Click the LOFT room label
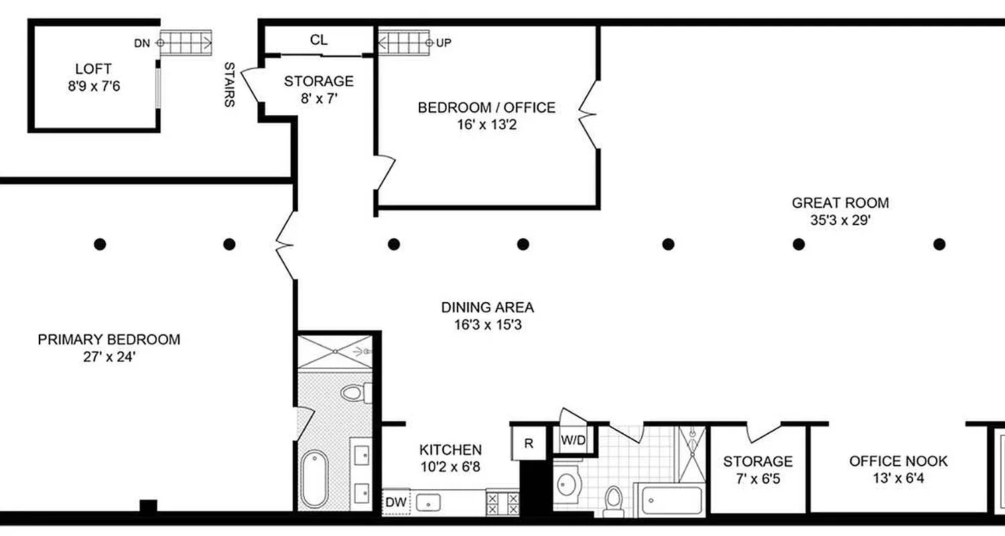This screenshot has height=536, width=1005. [x=93, y=68]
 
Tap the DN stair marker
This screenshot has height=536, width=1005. [x=142, y=44]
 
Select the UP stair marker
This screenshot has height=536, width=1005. [x=444, y=44]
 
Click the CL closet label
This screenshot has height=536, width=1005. [x=319, y=40]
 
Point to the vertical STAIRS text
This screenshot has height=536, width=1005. [x=229, y=85]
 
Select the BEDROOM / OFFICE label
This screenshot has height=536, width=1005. [x=486, y=107]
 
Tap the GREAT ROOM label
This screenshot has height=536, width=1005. [x=840, y=203]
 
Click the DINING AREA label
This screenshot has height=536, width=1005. [x=487, y=308]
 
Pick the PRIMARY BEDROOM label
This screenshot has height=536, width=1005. [x=109, y=340]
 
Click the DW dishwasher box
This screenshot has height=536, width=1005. [x=395, y=502]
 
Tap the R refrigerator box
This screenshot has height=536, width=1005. [x=529, y=444]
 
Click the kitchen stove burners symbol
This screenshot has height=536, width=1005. [x=503, y=503]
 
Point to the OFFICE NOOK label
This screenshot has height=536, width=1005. [x=898, y=461]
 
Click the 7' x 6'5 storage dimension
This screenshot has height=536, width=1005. [x=758, y=478]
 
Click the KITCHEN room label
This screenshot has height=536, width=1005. [x=450, y=450]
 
